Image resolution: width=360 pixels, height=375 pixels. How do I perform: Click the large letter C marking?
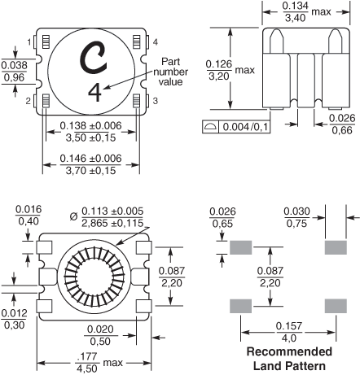pyautogui.click(x=93, y=58)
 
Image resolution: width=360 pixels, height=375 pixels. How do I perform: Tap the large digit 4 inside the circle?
pyautogui.click(x=94, y=93)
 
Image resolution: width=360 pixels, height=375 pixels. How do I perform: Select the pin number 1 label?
pyautogui.click(x=29, y=42)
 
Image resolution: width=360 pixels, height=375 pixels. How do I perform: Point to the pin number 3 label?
pyautogui.click(x=155, y=101)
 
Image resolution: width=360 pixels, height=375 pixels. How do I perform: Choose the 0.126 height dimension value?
pyautogui.click(x=219, y=64)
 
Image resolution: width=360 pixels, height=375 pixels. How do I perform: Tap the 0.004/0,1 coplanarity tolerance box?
pyautogui.click(x=236, y=127)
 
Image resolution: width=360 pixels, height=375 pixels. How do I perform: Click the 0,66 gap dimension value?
pyautogui.click(x=342, y=130)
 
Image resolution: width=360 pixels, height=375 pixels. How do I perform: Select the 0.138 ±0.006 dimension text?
pyautogui.click(x=90, y=126)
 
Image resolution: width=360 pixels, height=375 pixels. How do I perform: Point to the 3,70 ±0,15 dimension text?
pyautogui.click(x=90, y=171)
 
